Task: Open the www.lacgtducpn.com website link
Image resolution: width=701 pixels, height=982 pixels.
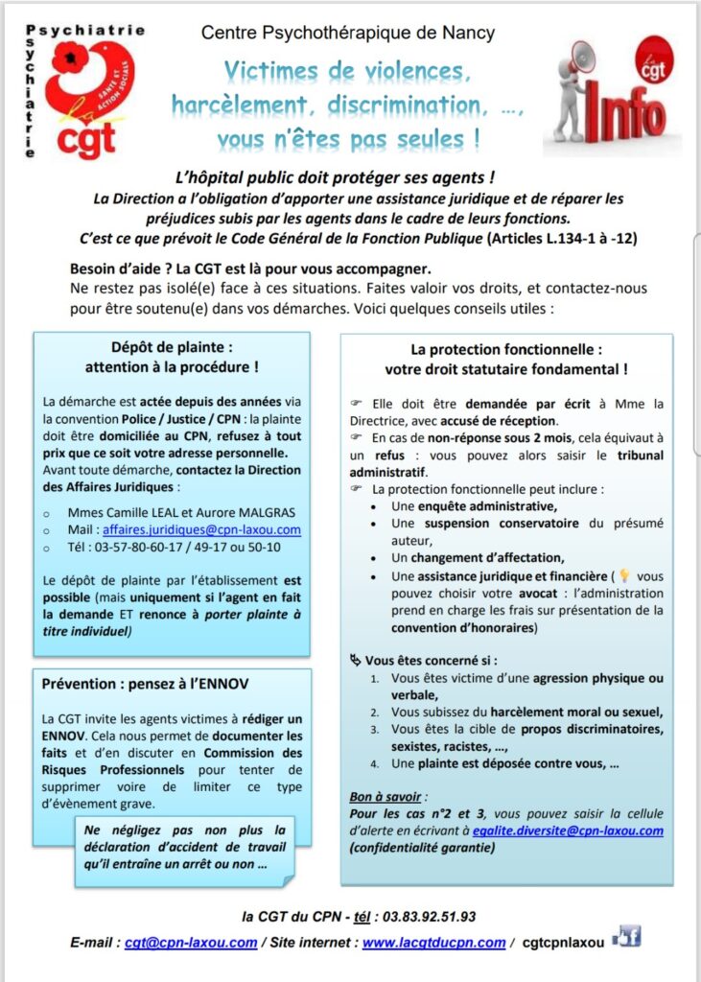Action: [433, 942]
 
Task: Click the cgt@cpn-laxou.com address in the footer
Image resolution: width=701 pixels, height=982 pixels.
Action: [191, 942]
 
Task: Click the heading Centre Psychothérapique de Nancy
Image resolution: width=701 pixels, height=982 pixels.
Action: [348, 34]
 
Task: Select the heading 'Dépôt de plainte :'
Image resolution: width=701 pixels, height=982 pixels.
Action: [172, 348]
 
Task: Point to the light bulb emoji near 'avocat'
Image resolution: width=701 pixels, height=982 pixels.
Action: [624, 576]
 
